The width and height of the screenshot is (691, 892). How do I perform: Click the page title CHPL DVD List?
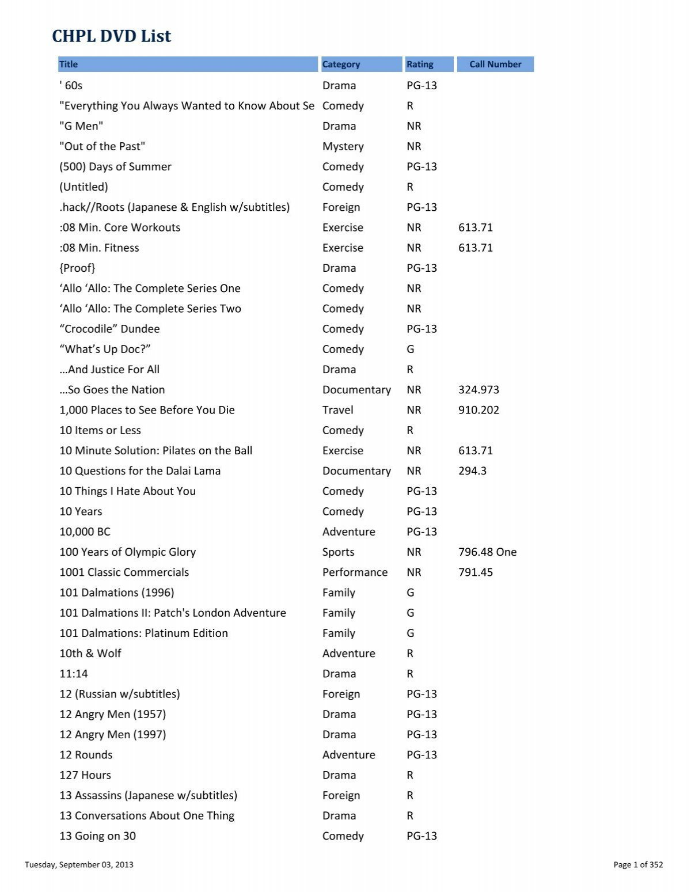tap(112, 36)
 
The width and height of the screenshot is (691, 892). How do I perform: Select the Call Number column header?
tap(495, 64)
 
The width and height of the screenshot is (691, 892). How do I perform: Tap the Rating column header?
tap(420, 64)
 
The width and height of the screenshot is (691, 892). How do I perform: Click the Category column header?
tap(341, 64)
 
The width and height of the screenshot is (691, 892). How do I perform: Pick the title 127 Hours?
tap(85, 775)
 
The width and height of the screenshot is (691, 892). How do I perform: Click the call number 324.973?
tap(479, 390)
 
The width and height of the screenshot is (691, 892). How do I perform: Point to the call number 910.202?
tap(479, 410)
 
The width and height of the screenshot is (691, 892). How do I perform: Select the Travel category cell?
tap(338, 410)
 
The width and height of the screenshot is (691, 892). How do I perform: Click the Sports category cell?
tap(339, 552)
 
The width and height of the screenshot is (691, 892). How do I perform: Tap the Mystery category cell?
tap(343, 146)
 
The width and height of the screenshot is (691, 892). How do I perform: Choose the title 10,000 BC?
tap(85, 532)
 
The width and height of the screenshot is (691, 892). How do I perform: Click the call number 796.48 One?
tap(487, 552)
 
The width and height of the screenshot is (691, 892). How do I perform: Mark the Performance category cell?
tap(355, 572)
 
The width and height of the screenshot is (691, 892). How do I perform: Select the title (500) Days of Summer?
tap(115, 166)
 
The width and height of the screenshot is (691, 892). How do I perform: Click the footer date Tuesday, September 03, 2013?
tap(79, 864)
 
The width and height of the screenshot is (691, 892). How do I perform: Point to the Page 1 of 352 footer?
tap(638, 864)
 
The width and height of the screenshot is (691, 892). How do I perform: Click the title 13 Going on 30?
tap(97, 836)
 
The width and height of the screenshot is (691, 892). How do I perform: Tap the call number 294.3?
tap(472, 471)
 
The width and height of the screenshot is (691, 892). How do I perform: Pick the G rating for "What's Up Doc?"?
tap(410, 349)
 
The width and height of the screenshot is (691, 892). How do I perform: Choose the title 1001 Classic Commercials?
tap(124, 572)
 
